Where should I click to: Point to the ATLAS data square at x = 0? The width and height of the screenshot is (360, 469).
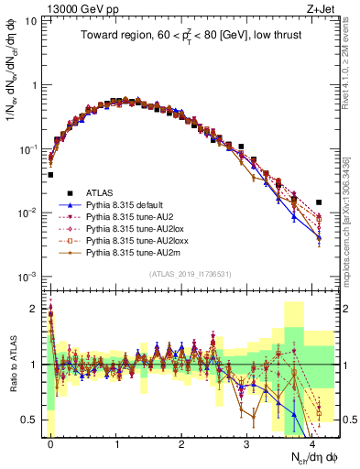pyautogui.click(x=50, y=174)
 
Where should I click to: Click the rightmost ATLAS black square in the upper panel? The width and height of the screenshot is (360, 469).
pyautogui.click(x=319, y=202)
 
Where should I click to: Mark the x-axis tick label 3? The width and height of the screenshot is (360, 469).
pyautogui.click(x=247, y=442)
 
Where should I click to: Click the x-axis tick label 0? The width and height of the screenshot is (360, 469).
pyautogui.click(x=50, y=442)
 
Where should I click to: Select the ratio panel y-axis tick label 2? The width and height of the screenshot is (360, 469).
pyautogui.click(x=35, y=309)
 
